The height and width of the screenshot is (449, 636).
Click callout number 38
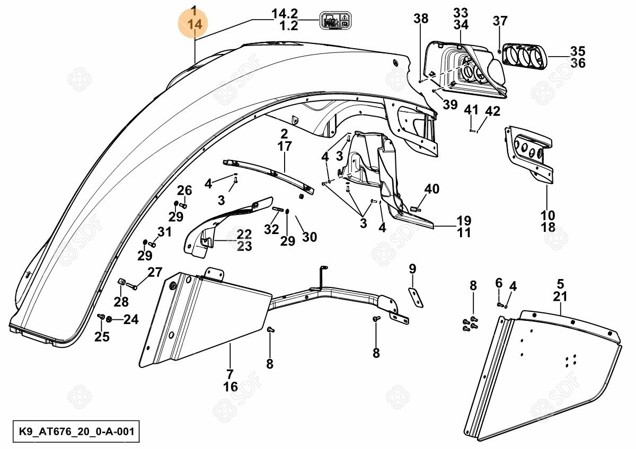point(421,19)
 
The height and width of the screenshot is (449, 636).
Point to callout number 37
point(500,21)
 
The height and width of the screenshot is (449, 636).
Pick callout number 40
point(432,189)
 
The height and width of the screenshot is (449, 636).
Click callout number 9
point(413,268)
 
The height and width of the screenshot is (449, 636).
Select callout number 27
point(154,273)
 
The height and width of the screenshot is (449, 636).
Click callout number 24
point(131,319)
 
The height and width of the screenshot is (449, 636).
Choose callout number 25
point(102,337)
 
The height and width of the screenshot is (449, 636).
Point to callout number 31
point(164,232)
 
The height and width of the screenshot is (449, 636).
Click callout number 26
point(184,191)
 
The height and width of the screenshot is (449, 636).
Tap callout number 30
point(309,237)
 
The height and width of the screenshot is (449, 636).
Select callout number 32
point(271,229)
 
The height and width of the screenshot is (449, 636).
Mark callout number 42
point(492,111)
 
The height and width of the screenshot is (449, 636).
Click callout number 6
point(498,283)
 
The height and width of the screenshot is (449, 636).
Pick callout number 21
point(560,297)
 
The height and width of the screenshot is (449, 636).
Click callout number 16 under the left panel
point(230,387)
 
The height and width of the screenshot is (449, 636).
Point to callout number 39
point(449,104)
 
